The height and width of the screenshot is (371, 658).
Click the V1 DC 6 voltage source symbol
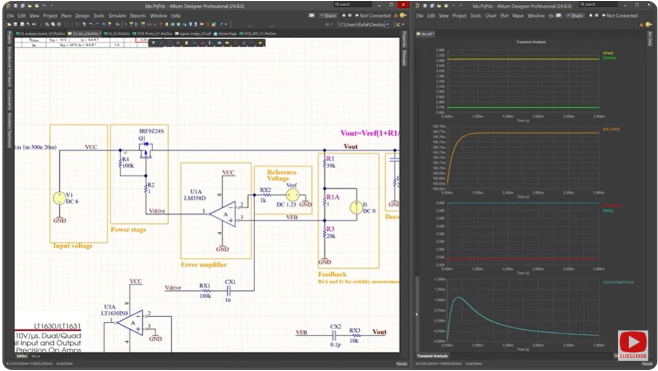tap(59, 198)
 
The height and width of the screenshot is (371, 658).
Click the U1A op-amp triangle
tap(223, 214)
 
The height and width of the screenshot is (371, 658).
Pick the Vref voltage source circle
tap(292, 194)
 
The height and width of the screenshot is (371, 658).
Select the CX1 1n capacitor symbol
tap(230, 291)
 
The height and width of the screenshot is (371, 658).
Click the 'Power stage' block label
tap(128, 229)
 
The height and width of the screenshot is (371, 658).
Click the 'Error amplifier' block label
tap(204, 264)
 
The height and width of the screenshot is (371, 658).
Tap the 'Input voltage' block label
tap(73, 246)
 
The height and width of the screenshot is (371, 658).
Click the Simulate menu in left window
tap(117, 16)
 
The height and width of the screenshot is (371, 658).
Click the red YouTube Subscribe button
tap(633, 346)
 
